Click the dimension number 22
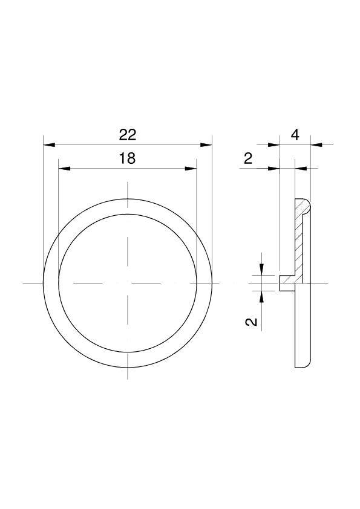pos(127,134)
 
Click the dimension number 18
pos(127,158)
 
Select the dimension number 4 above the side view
pos(295,134)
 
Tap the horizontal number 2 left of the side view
pos(247,158)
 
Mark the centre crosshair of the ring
pos(127,282)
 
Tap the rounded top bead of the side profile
pos(303,206)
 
